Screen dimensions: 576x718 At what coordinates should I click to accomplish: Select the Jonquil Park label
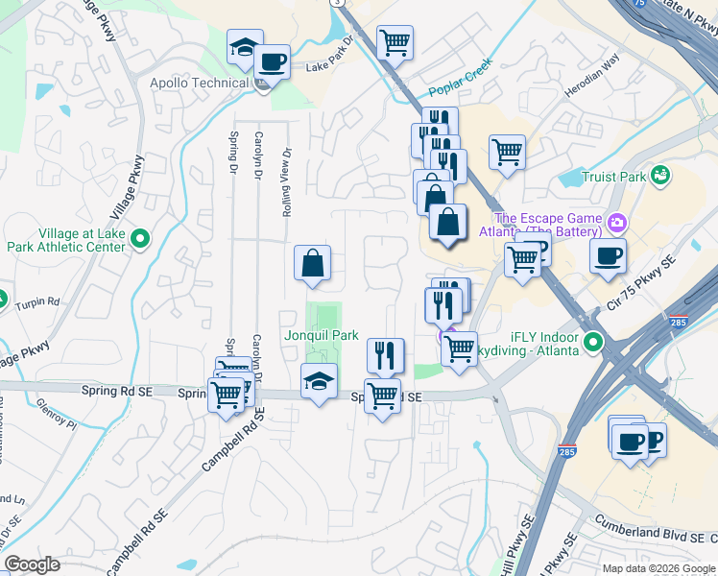click(321, 335)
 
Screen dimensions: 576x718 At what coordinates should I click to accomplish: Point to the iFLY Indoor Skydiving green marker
click(594, 341)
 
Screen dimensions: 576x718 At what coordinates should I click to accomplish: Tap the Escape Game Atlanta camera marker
click(615, 224)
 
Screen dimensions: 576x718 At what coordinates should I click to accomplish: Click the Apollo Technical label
click(199, 83)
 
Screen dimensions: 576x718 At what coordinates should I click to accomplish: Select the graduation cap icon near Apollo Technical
click(245, 47)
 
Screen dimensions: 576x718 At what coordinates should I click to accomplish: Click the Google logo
click(33, 564)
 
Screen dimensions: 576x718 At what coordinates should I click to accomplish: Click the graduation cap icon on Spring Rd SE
click(320, 381)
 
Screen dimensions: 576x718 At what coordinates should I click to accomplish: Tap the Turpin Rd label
click(37, 304)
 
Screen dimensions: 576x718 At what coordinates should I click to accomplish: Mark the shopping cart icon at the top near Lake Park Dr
click(395, 42)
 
